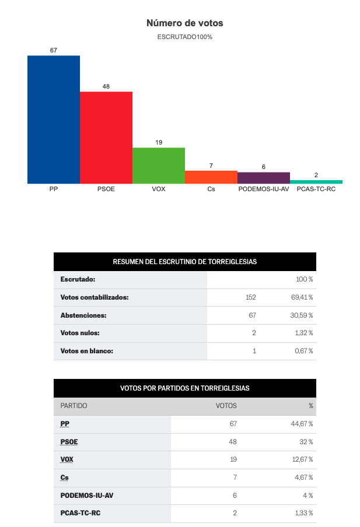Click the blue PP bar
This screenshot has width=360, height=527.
click(x=54, y=120)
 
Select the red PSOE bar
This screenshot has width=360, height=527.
click(x=106, y=138)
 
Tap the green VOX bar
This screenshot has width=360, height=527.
click(x=159, y=166)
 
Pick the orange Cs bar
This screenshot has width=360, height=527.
click(x=211, y=177)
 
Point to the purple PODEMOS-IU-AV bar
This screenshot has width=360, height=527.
click(x=264, y=178)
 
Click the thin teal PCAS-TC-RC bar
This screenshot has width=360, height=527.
click(x=316, y=182)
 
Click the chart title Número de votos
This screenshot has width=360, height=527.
click(x=185, y=23)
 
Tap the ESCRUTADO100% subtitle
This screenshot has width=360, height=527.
click(x=185, y=37)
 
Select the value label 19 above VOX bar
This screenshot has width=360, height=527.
click(x=159, y=142)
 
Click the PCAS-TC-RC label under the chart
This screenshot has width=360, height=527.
click(x=316, y=189)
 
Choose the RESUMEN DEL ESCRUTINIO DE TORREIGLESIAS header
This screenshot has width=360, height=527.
click(x=185, y=262)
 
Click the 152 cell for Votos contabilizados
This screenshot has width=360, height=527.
click(x=251, y=297)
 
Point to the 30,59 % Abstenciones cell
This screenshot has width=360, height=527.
click(x=302, y=315)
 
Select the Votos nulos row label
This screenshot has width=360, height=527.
click(x=80, y=333)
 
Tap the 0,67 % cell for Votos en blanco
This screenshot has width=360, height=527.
click(x=304, y=351)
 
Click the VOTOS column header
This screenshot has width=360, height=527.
click(x=226, y=406)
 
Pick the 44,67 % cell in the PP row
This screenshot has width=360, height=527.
click(x=302, y=424)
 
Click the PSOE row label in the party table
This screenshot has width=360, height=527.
click(x=69, y=442)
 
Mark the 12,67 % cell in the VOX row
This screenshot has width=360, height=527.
click(x=302, y=459)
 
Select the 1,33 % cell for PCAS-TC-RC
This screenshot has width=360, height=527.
click(x=304, y=513)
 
